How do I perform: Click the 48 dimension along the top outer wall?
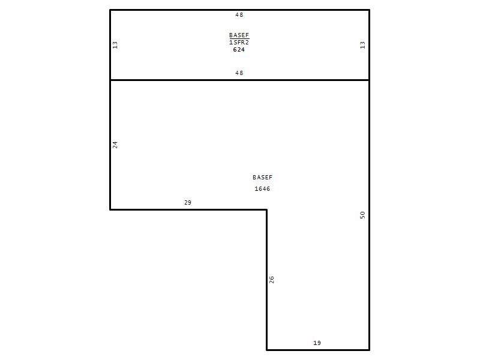tap(239, 14)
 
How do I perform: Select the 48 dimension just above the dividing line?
tap(239, 73)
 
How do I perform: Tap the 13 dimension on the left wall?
tap(115, 45)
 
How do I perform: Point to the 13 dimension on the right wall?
tap(362, 45)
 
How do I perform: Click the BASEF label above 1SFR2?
tap(239, 35)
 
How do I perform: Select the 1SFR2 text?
tap(239, 43)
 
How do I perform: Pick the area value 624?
tap(239, 50)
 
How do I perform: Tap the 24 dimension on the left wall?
tap(115, 145)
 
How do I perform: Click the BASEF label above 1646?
tap(262, 177)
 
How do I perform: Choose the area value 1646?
tap(262, 189)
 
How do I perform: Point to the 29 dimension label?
tap(188, 202)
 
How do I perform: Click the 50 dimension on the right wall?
tap(362, 215)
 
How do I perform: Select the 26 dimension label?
tap(272, 280)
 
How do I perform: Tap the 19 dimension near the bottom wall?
tap(317, 343)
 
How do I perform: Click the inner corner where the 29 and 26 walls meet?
tap(266, 209)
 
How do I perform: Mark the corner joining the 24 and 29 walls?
tap(110, 209)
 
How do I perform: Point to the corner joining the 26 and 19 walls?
tap(266, 350)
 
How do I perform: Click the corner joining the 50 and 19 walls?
tap(370, 350)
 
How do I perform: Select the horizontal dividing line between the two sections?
tap(239, 80)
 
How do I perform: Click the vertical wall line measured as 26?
tap(266, 280)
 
